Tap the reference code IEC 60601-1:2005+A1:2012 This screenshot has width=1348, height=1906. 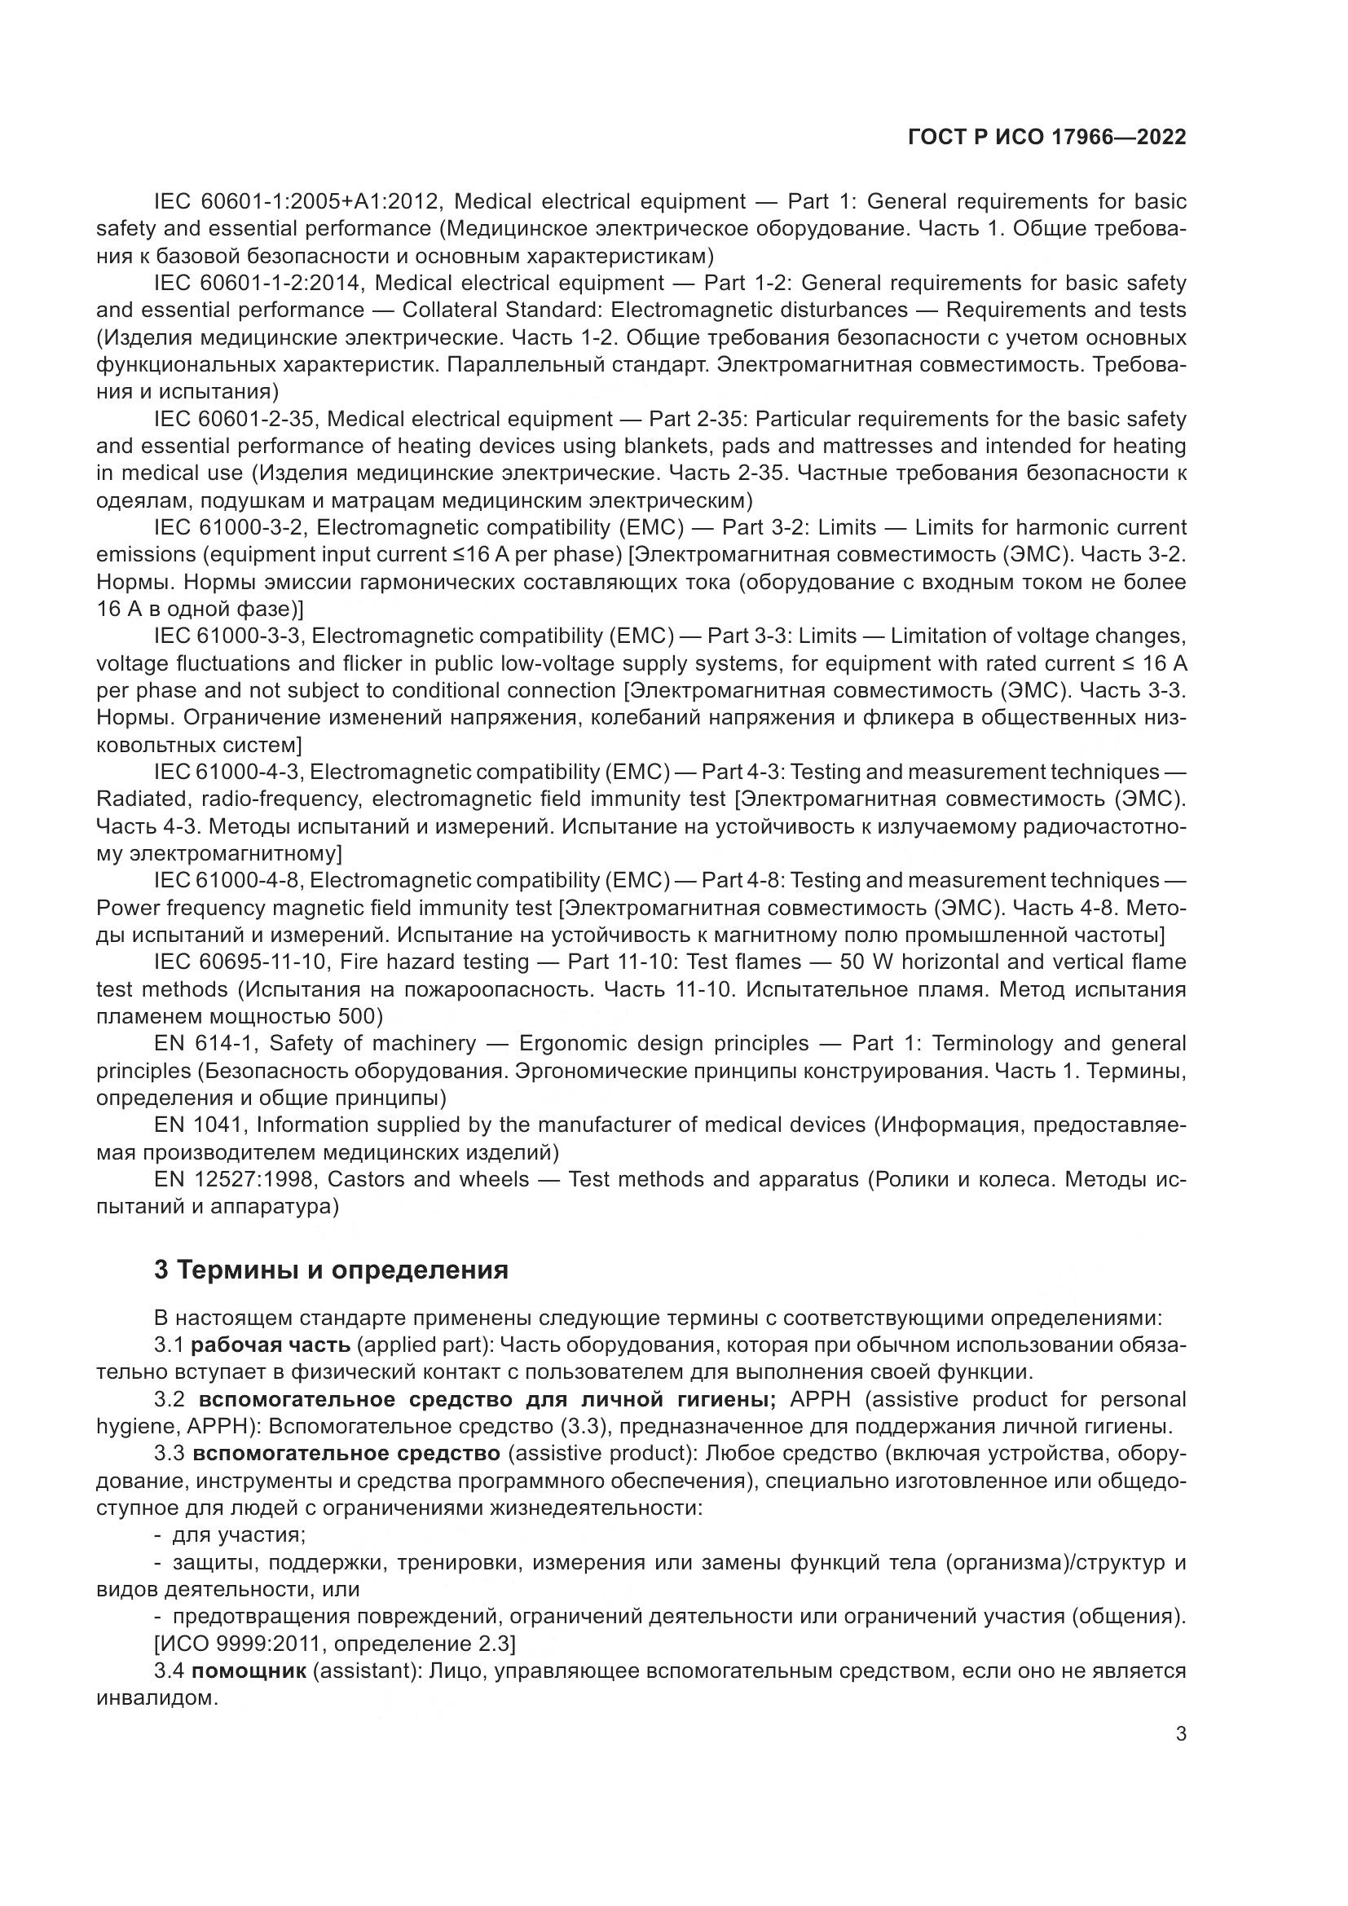298,202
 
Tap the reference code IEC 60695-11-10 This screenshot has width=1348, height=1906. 241,962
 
